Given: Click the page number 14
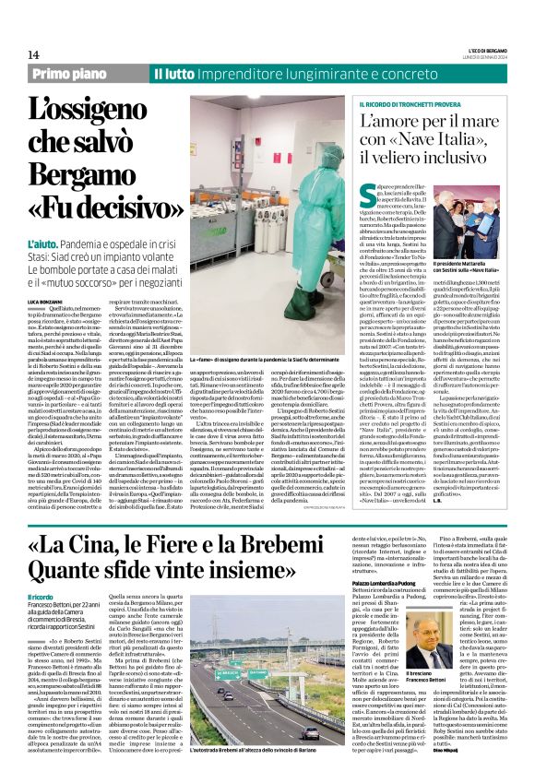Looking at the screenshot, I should pos(34,54).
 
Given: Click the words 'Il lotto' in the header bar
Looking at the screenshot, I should pos(172,73).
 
